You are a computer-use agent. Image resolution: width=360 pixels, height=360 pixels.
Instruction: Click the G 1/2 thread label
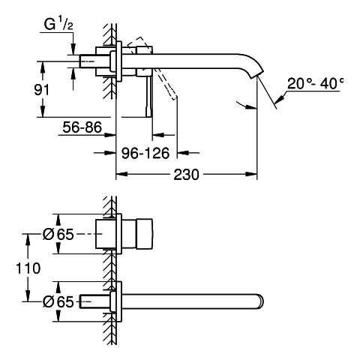[x=58, y=25]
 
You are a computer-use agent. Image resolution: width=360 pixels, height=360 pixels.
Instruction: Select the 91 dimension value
[x=42, y=90]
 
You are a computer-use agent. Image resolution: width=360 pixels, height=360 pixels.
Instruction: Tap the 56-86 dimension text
[x=82, y=127]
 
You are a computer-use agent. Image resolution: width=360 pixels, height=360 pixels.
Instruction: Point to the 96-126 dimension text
[x=145, y=153]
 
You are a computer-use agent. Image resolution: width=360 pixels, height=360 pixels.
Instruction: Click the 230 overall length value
[x=187, y=175]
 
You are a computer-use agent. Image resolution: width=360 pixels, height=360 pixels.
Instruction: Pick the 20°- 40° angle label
[x=315, y=83]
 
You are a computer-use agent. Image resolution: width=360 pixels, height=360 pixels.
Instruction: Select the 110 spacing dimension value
[x=28, y=268]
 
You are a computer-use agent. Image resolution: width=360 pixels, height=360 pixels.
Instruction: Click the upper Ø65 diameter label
[x=58, y=234]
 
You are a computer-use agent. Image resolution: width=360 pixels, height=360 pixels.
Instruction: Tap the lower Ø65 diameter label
[x=58, y=301]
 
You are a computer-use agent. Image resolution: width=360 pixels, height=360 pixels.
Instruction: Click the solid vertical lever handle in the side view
[x=148, y=96]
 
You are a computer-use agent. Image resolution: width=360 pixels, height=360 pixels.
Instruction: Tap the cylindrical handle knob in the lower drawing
[x=144, y=234]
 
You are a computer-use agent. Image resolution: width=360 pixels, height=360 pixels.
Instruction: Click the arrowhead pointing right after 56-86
[x=110, y=135]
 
